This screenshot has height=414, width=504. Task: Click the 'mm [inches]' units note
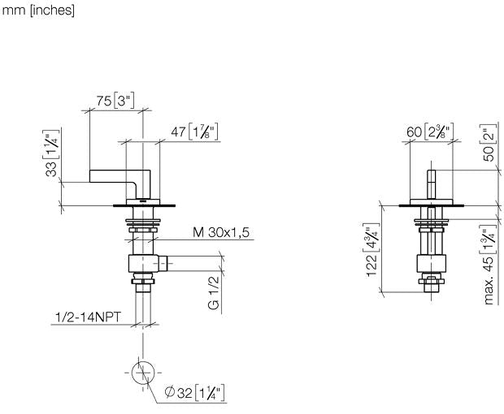pos(38,11)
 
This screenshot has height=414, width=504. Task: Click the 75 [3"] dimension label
pos(115,101)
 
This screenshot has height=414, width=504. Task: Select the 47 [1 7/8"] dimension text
pos(194,132)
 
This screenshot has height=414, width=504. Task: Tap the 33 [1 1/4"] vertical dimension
pos(52,153)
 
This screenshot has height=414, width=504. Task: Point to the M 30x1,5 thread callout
pos(221,232)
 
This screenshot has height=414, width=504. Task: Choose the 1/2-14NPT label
pos(88,317)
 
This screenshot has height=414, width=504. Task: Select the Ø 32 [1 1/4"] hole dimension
pos(194,393)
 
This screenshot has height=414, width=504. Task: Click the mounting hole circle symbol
pos(143,373)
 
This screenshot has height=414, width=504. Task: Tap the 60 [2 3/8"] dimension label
pos(430,132)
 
